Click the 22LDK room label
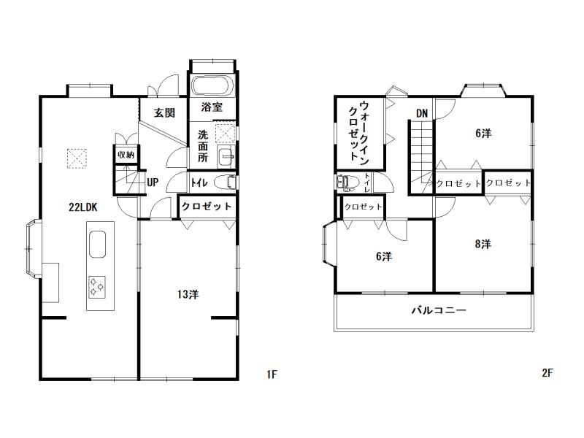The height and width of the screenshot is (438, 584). click(83, 207)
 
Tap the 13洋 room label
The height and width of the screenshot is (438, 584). click(188, 295)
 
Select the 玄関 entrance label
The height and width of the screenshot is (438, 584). click(164, 112)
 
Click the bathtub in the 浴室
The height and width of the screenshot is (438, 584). click(212, 86)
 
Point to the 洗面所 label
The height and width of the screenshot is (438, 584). click(203, 145)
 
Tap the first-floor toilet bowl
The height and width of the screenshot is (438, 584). click(226, 182)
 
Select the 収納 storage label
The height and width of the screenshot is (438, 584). click(126, 155)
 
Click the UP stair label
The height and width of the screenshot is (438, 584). click(153, 182)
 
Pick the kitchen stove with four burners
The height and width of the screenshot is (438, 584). click(96, 287)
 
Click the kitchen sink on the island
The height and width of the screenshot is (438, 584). click(97, 245)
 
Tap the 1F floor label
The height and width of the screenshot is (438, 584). click(272, 374)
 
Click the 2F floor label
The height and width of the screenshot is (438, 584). click(547, 373)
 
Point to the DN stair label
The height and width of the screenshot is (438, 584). click(422, 113)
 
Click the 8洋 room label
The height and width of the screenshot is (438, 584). click(483, 244)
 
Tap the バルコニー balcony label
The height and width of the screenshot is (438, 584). click(439, 310)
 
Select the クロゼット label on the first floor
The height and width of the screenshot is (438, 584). click(207, 206)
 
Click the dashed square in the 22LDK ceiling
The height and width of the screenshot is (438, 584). click(77, 158)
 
